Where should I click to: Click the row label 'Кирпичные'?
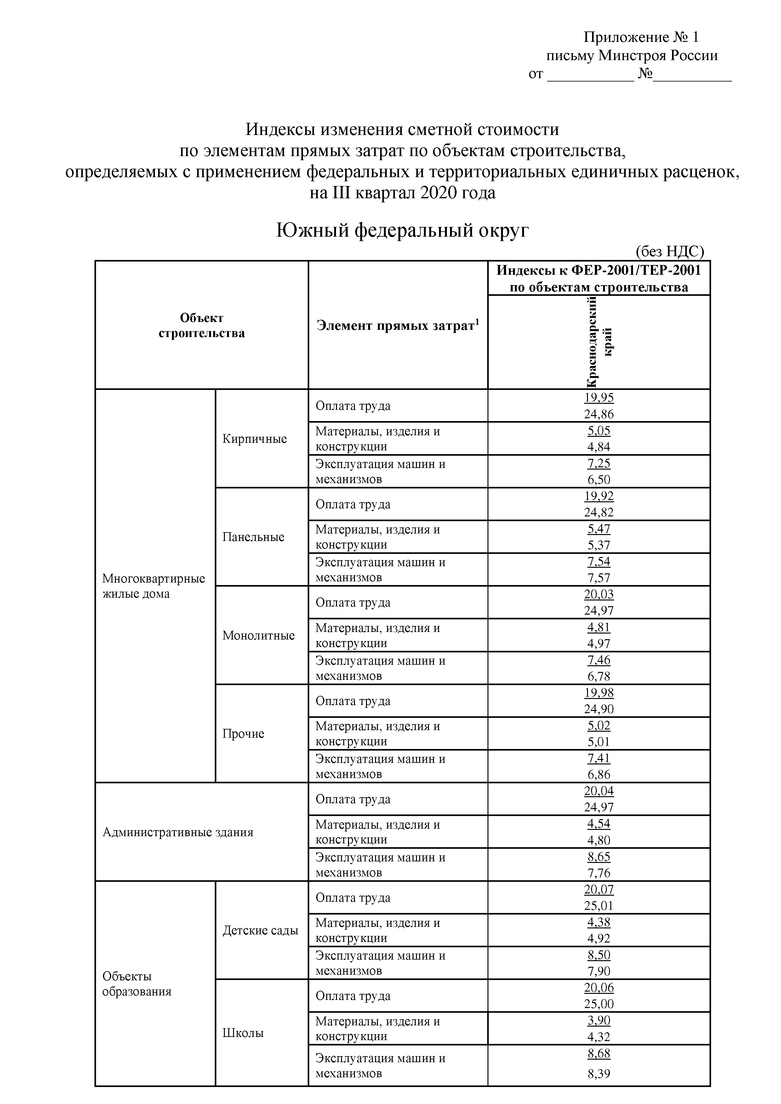(x=254, y=438)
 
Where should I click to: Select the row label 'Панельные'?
(x=253, y=537)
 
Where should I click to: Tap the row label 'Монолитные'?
(x=259, y=635)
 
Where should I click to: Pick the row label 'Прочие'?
(x=243, y=733)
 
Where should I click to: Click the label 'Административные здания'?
(x=178, y=832)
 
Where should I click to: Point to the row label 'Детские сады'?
(x=260, y=930)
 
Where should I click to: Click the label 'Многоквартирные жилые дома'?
(x=153, y=586)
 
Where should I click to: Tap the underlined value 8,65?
(x=599, y=856)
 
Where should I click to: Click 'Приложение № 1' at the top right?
(x=641, y=37)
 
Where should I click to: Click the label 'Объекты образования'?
(x=137, y=984)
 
